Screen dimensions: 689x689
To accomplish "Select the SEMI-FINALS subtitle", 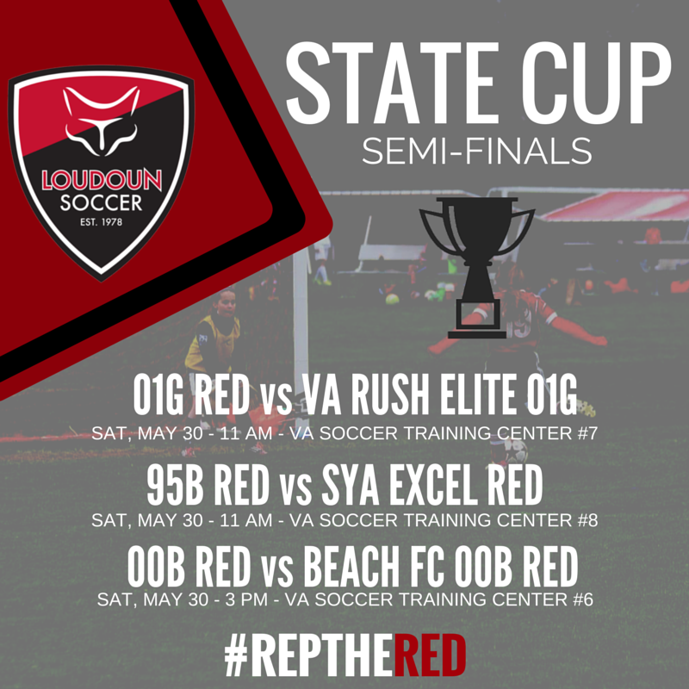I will click(x=476, y=152).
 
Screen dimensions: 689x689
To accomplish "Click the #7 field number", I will click(x=582, y=432).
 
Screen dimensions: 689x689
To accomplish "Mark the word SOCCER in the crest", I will click(x=101, y=204).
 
